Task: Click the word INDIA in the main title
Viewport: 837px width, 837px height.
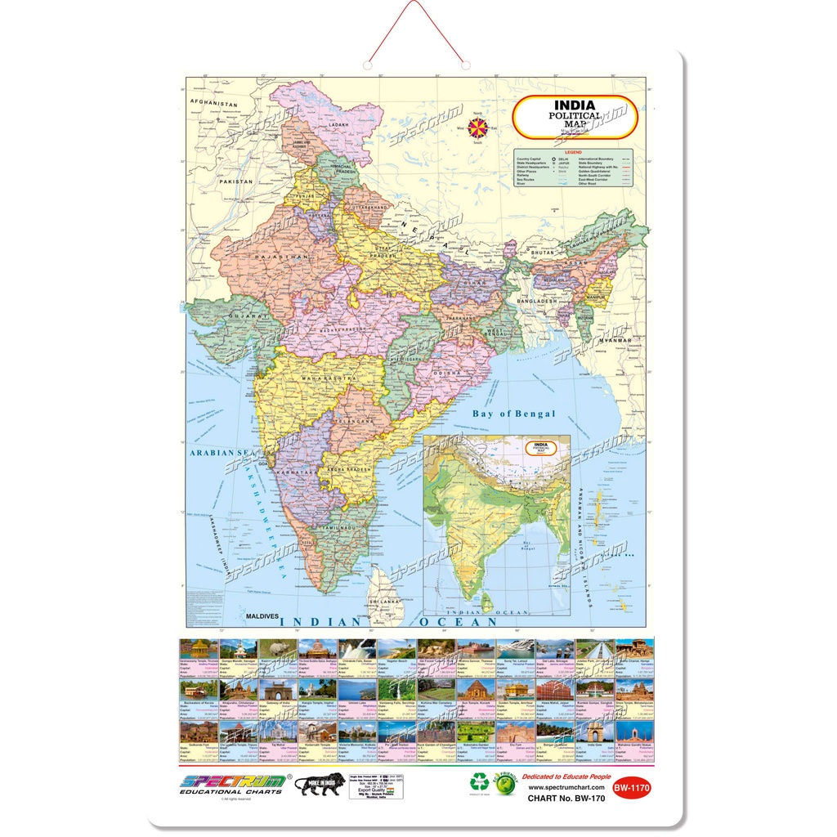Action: [x=575, y=105]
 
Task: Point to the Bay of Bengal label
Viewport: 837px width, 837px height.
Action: [x=513, y=414]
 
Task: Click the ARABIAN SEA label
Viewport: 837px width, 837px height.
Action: [x=219, y=451]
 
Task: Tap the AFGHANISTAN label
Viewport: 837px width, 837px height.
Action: [x=213, y=105]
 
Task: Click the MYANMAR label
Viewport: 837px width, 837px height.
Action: [x=614, y=339]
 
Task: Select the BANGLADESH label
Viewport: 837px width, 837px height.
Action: [x=535, y=300]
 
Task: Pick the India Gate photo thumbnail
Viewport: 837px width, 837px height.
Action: [x=594, y=731]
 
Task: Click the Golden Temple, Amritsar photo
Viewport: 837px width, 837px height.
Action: [x=514, y=690]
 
